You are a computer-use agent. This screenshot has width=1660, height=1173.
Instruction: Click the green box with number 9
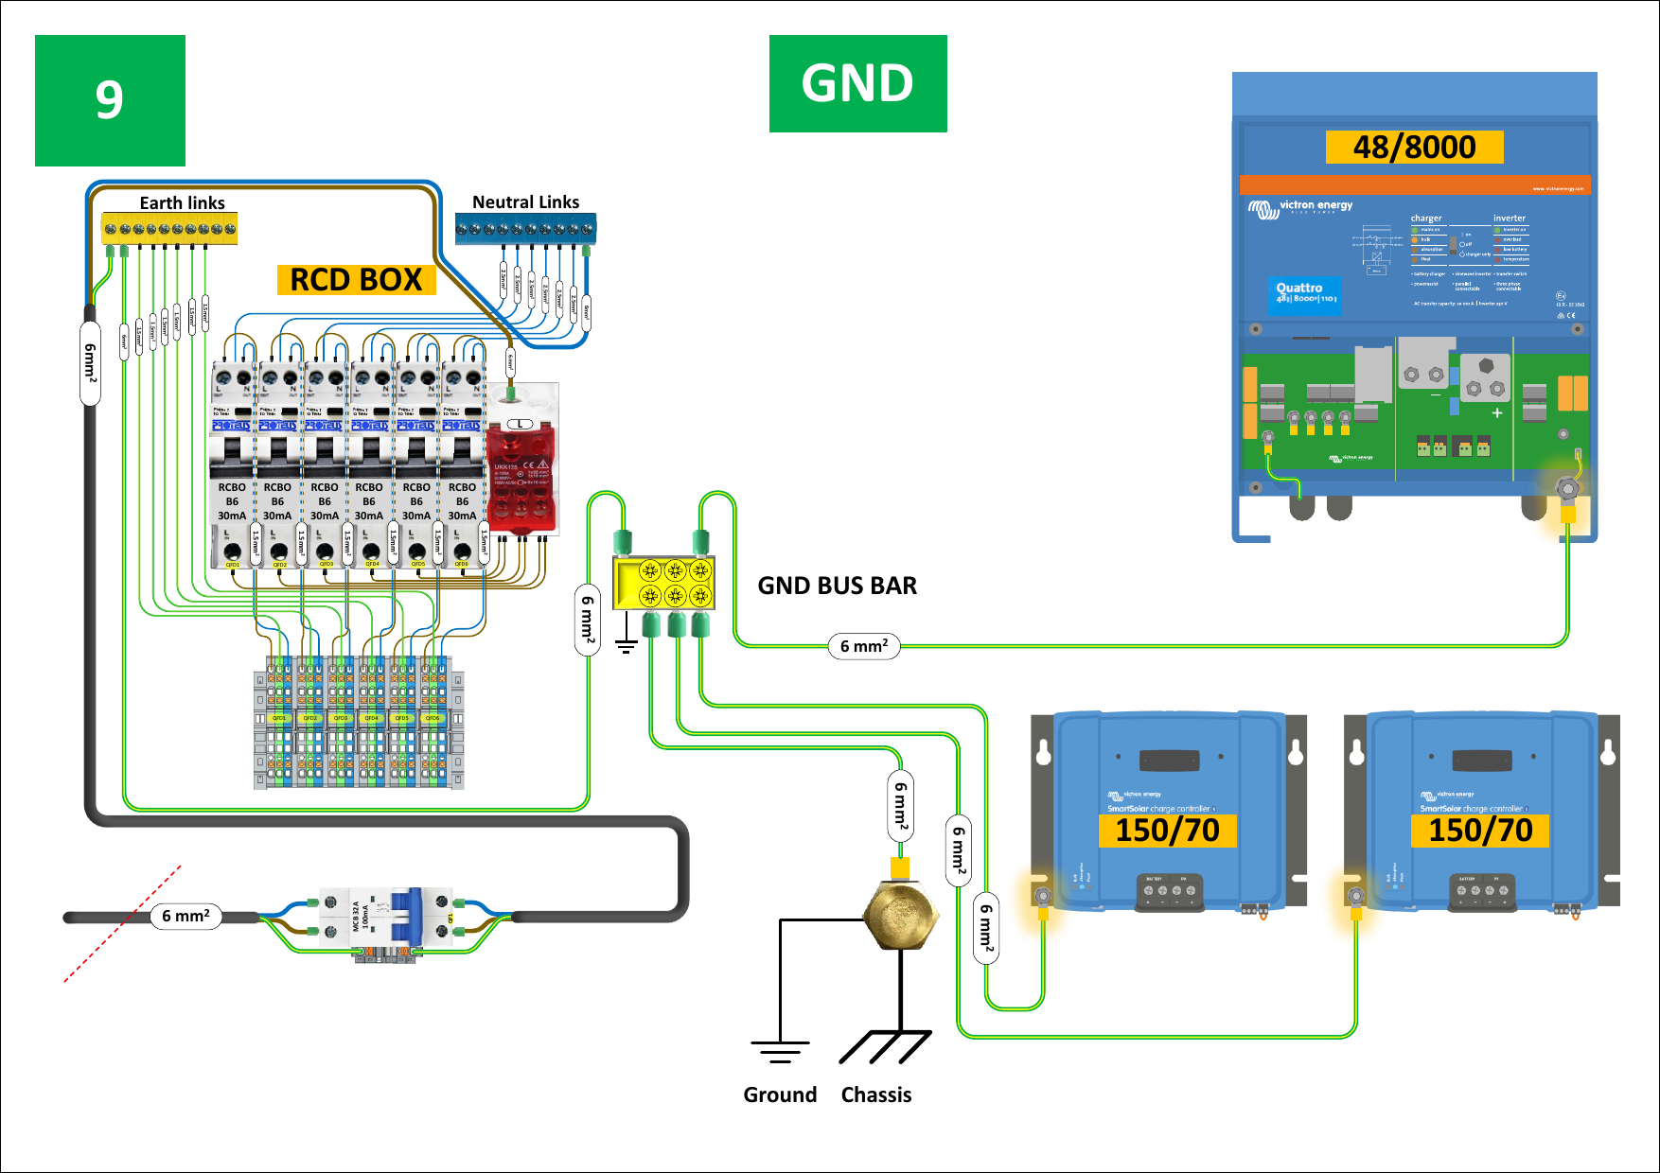coord(110,100)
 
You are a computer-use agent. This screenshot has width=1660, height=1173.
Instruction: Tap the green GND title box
coord(857,83)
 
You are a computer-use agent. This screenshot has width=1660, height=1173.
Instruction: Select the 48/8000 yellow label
coord(1414,148)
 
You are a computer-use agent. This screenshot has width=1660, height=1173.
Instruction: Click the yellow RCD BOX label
coord(356,280)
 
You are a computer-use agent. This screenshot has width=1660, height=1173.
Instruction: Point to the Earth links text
coord(182,202)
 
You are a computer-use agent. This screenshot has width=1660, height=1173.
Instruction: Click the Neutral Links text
coord(525,201)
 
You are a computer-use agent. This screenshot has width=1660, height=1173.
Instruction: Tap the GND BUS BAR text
coord(837,586)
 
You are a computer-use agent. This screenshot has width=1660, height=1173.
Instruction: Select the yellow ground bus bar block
coord(663,583)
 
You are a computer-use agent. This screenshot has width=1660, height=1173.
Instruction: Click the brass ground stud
coord(900,915)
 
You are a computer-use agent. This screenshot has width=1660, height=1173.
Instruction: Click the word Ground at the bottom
coord(780,1094)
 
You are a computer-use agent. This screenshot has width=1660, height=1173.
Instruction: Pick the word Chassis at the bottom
coord(876,1094)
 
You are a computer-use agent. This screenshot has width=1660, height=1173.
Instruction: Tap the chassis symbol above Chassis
coord(885,1046)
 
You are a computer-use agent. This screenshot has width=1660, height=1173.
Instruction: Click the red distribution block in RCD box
coord(521,478)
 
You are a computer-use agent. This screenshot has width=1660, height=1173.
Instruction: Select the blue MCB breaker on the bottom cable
coord(409,916)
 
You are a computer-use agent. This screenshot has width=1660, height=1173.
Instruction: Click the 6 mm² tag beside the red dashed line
coord(185,916)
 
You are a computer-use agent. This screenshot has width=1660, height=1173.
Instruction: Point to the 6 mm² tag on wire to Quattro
coord(864,646)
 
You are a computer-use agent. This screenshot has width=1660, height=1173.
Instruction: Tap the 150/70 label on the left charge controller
coord(1167,831)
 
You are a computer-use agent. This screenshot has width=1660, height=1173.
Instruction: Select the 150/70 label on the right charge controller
coord(1480,831)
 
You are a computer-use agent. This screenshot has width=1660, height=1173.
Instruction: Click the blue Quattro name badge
coord(1305,293)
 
